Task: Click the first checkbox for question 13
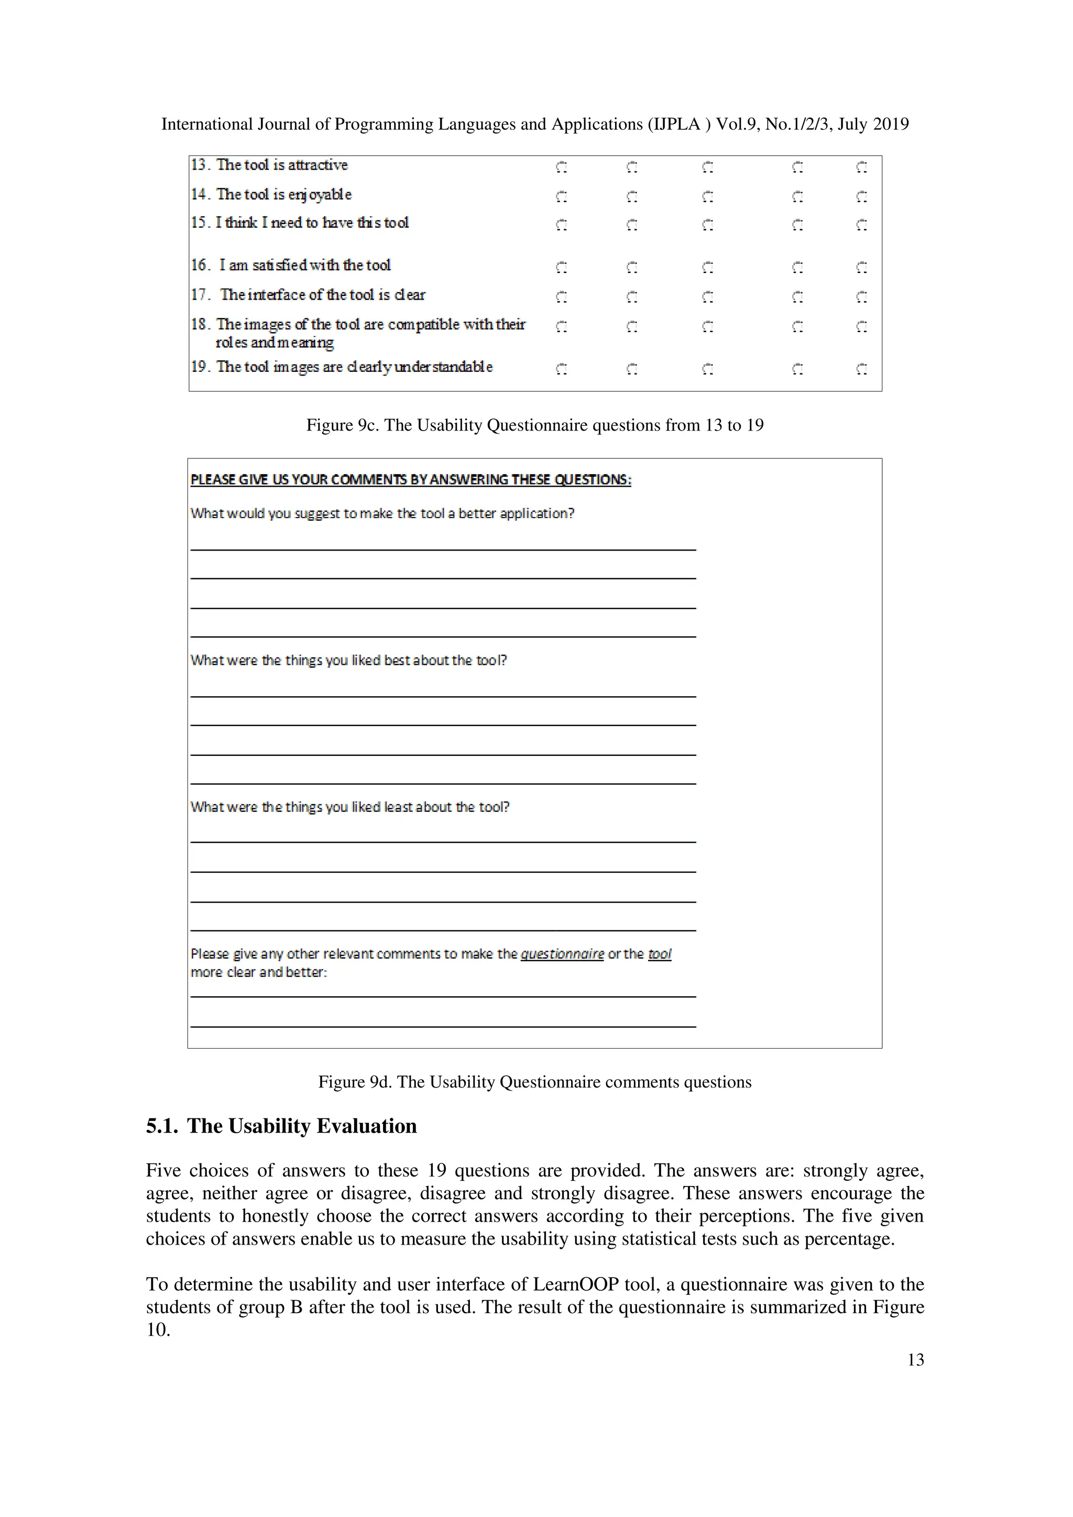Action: click(x=561, y=167)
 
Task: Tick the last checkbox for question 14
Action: click(x=861, y=196)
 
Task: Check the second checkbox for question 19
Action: click(x=632, y=369)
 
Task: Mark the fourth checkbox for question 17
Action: click(x=797, y=298)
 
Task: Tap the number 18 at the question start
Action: click(x=199, y=324)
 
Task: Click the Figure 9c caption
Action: click(x=534, y=425)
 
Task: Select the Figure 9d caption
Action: click(x=534, y=1082)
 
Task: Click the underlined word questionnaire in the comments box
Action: click(x=562, y=953)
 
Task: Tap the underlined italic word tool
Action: click(x=660, y=953)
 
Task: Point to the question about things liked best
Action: click(x=348, y=660)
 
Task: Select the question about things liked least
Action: click(x=349, y=807)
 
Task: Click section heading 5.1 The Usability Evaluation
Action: click(x=281, y=1126)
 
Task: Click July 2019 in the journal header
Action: click(x=873, y=124)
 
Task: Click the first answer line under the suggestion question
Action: click(x=443, y=548)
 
